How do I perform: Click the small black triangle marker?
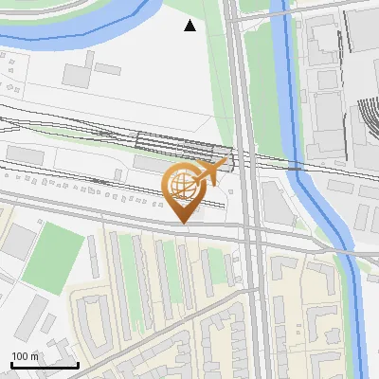(189, 26)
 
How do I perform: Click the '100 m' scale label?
(25, 355)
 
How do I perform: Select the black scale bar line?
(44, 365)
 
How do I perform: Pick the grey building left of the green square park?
(19, 244)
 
